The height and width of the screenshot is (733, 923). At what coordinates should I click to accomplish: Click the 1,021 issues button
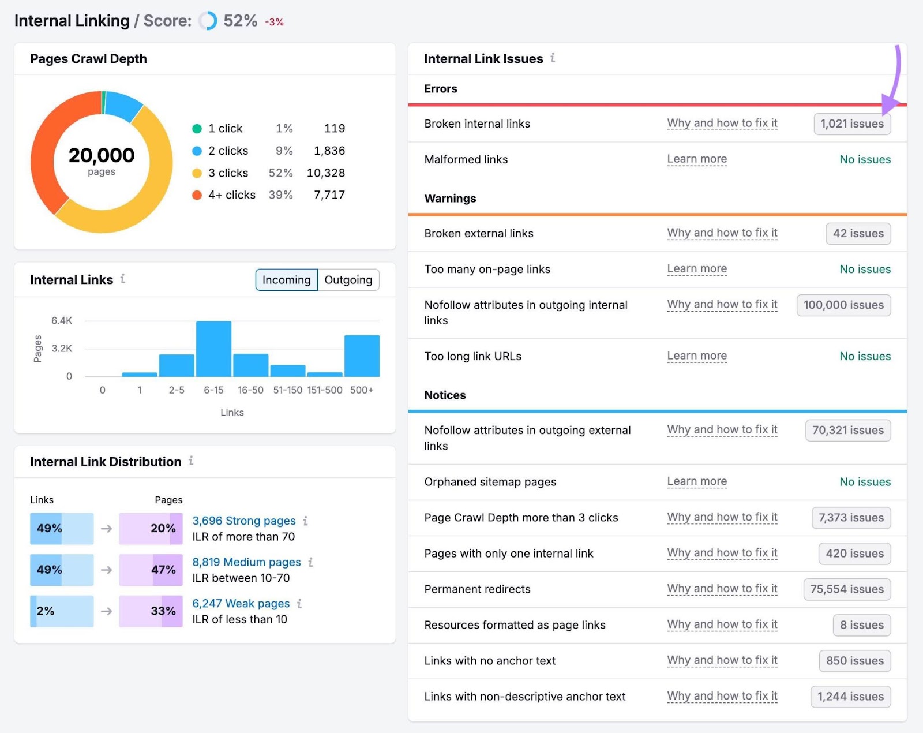pos(851,124)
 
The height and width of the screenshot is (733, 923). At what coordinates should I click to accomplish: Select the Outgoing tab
pos(348,280)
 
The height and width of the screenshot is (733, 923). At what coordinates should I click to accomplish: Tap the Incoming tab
pos(286,280)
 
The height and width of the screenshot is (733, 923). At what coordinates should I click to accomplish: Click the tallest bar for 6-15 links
pos(213,349)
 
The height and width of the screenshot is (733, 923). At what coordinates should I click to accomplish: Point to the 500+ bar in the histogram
pos(362,356)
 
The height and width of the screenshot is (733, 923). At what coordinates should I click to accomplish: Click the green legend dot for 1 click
pos(197,129)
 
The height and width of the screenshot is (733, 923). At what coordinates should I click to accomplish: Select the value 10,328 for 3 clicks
pos(325,173)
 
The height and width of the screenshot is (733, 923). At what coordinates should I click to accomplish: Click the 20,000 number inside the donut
pos(102,155)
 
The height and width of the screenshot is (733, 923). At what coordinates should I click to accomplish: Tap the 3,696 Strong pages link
pos(243,521)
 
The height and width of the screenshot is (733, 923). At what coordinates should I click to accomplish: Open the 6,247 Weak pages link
pos(241,604)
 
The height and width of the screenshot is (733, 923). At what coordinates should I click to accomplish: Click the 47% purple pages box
pos(151,570)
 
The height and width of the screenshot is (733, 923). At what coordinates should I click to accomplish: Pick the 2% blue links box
pos(61,611)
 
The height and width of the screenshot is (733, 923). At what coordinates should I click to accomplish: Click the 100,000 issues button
pos(843,305)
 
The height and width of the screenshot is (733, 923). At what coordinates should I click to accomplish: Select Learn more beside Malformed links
pos(696,159)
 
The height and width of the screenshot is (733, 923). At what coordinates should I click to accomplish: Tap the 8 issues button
pos(861,625)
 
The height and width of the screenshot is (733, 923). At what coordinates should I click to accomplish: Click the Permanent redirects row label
pos(477,589)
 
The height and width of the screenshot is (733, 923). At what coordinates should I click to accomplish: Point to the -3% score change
pos(274,22)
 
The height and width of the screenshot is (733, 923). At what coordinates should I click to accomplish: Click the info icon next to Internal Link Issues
pos(553,58)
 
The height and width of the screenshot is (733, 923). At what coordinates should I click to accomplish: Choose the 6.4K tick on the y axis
pos(62,321)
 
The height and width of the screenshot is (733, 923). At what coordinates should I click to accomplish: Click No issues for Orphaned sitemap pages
pos(865,482)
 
